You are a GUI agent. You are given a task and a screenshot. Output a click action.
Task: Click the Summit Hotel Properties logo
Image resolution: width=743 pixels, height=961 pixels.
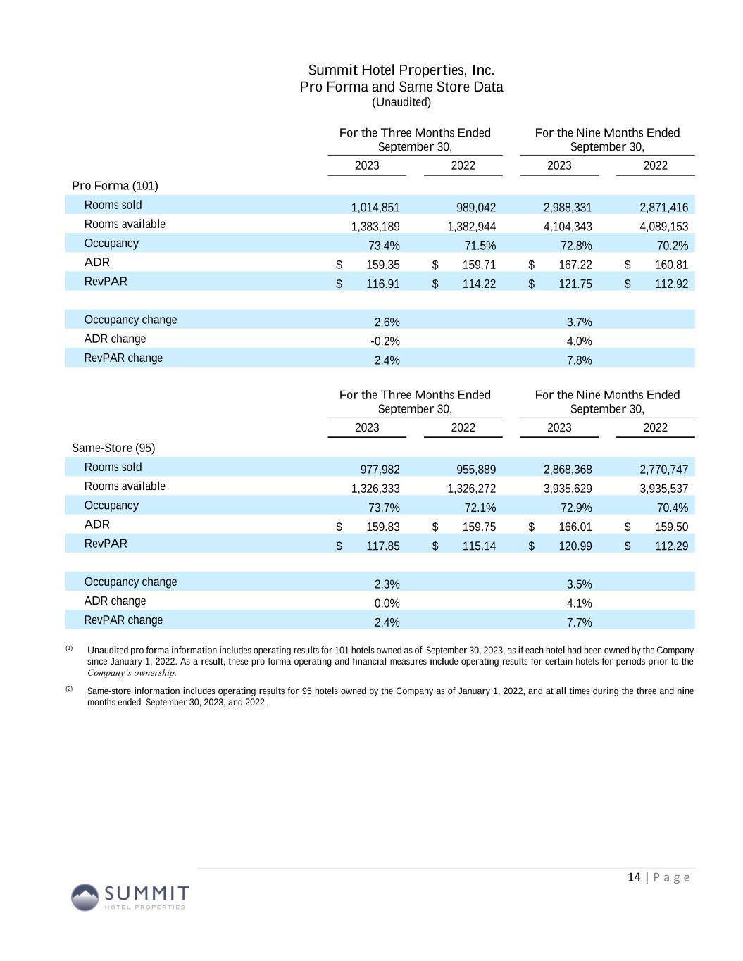point(130,897)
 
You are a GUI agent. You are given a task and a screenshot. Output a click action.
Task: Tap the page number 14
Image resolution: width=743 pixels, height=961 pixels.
point(634,877)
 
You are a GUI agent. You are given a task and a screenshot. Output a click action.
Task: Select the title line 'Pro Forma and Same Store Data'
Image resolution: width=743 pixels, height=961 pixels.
point(401,87)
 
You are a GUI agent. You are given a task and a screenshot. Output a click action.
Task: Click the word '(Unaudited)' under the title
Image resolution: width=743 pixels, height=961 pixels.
point(401,102)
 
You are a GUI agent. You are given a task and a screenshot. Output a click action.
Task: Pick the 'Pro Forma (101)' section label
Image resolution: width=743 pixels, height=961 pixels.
point(115,186)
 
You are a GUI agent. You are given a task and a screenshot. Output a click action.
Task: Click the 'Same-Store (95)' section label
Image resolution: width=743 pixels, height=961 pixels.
point(113,448)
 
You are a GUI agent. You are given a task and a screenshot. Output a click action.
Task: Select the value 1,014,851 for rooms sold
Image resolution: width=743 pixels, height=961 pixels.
point(375,207)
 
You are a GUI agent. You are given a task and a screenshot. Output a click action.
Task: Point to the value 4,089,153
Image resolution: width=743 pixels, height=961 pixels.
point(663,227)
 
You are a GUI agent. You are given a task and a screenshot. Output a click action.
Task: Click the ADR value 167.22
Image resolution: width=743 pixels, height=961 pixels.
point(575,265)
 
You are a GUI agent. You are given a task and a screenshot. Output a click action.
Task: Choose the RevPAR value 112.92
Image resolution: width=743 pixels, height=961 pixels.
point(671,284)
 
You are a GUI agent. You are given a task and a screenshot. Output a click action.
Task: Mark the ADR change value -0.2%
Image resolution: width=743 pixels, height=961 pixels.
point(385,341)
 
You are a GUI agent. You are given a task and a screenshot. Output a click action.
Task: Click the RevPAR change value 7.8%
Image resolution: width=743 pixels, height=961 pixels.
point(579,360)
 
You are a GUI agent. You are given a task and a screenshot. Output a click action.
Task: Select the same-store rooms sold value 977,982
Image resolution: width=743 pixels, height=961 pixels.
point(380,470)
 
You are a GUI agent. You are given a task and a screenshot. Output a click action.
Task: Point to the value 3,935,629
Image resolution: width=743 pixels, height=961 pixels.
point(568,489)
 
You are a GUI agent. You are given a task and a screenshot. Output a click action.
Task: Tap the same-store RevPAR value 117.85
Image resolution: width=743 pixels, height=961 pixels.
point(382,546)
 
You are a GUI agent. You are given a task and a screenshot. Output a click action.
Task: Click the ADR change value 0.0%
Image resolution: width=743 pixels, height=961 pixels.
point(387,603)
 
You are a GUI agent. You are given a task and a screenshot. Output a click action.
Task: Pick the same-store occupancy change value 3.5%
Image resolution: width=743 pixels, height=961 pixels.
point(579,584)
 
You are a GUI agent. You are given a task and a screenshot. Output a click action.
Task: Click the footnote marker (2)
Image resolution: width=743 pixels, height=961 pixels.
point(69,689)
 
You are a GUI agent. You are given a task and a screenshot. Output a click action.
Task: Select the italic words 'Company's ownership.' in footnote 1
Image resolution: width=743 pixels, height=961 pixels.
point(132,672)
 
